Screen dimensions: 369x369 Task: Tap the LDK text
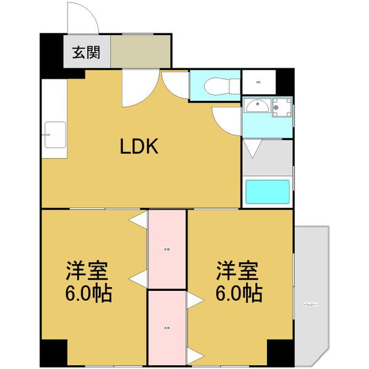pyautogui.click(x=140, y=146)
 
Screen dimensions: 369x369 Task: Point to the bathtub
pyautogui.click(x=268, y=192)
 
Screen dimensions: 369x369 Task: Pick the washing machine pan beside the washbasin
pyautogui.click(x=282, y=108)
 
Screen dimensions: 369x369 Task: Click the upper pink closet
pyautogui.click(x=167, y=249)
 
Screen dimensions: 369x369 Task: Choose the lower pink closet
pyautogui.click(x=167, y=327)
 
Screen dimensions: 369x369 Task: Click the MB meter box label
pyautogui.click(x=258, y=81)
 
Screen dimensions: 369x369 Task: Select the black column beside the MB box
pyautogui.click(x=285, y=81)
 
